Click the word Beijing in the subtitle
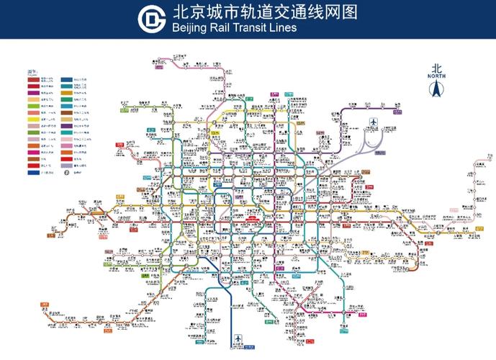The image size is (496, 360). pos(191,29)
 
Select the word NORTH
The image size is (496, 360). pos(436,76)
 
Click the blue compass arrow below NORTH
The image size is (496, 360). pos(436,89)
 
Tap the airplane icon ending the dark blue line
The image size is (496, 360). pos(239,338)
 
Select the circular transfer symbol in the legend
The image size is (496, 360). pos(66,172)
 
